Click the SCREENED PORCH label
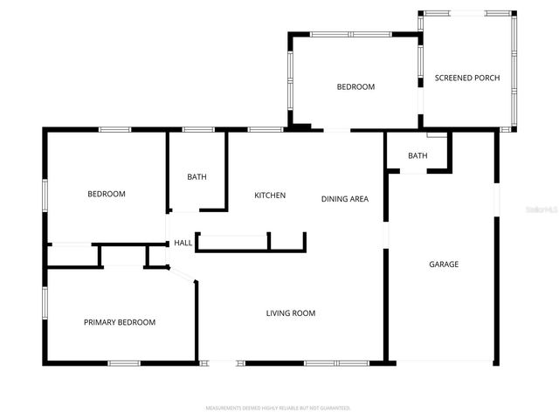(467, 79)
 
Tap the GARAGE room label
(443, 264)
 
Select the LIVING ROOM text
(291, 313)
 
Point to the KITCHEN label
(270, 196)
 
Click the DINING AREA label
(344, 199)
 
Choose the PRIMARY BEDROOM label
(120, 322)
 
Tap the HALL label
(183, 244)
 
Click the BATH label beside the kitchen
(197, 177)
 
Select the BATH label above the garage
(418, 156)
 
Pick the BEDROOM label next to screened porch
(355, 87)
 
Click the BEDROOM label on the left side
(106, 194)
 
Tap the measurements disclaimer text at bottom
(278, 408)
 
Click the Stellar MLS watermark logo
(542, 210)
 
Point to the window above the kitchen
(265, 130)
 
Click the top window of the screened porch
(467, 13)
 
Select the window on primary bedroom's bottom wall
(123, 362)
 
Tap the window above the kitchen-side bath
(198, 130)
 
